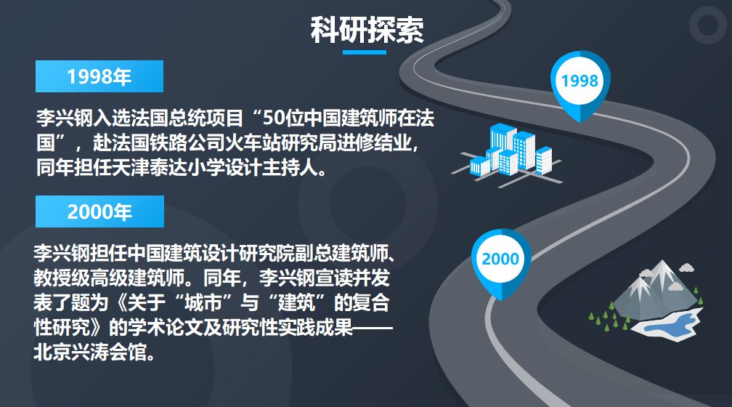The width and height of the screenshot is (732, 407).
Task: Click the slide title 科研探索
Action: point(367,30)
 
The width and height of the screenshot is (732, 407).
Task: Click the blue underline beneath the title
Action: point(364,52)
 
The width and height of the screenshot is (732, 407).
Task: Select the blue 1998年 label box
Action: point(99,76)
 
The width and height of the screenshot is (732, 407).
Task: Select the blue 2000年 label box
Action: point(100,211)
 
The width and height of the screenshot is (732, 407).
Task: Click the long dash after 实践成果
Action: point(373,328)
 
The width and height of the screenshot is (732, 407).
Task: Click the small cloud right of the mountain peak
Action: point(686,267)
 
